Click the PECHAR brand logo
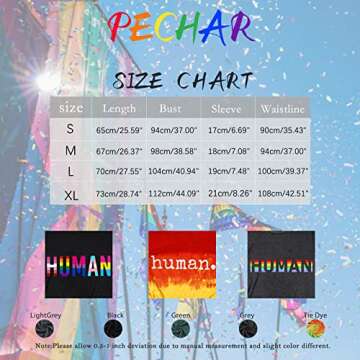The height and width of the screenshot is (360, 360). coord(180,28)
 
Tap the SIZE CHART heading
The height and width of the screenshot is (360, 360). coord(181,79)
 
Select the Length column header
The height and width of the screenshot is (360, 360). coord(119,108)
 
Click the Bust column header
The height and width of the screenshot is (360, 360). coord(173,108)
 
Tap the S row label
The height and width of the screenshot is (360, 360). coord(70,129)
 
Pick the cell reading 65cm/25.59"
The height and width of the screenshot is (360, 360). coord(119,130)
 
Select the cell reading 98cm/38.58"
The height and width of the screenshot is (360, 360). coord(173,151)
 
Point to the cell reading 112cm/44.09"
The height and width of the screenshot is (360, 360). coord(173,194)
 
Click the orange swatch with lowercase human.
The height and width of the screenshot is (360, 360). coord(181,263)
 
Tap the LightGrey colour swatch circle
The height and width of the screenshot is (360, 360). coord(44,327)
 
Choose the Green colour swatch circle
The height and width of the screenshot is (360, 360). coord(181,327)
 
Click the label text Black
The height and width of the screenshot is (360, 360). coord(113,314)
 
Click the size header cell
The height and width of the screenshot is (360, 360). coord(70,108)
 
